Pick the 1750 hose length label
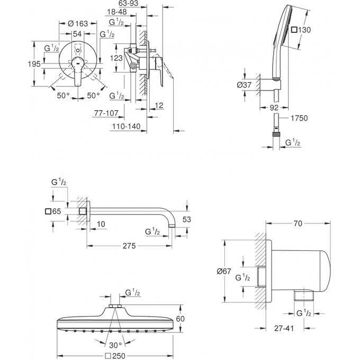pyautogui.click(x=299, y=119)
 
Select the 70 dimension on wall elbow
pyautogui.click(x=298, y=224)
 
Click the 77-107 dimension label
pyautogui.click(x=105, y=113)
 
